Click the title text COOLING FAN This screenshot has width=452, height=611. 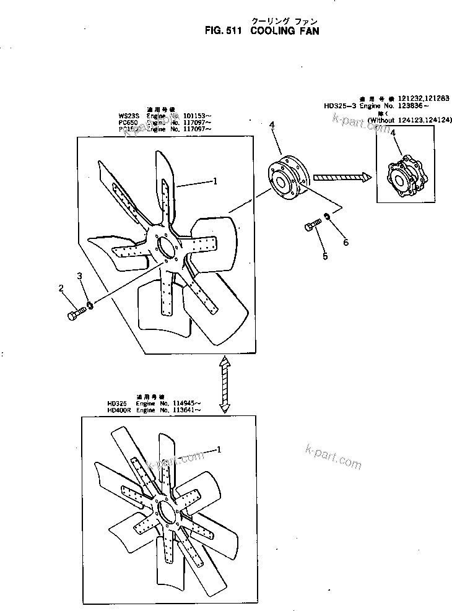coord(285,31)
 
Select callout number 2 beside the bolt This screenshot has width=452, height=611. coord(61,288)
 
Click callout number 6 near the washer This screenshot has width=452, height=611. coord(346,242)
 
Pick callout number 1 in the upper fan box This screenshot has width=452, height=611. coord(215,182)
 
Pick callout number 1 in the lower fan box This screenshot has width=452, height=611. coord(217,450)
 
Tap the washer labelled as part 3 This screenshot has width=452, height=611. coord(90,305)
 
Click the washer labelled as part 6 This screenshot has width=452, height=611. coord(326,218)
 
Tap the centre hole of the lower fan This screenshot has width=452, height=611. coord(167,511)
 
